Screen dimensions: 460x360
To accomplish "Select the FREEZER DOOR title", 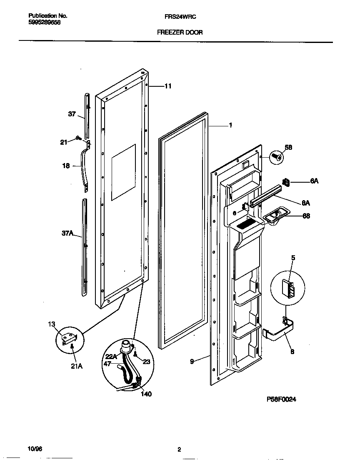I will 180,32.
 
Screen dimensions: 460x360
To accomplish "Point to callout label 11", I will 167,86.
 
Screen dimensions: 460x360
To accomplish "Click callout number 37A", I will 68,234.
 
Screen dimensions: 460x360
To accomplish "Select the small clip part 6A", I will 286,182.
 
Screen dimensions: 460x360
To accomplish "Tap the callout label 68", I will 306,216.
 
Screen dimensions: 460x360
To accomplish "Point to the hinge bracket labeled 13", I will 68,338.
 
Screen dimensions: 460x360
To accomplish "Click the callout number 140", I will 146,394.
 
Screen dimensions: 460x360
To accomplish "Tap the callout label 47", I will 107,364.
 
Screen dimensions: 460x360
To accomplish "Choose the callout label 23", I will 146,362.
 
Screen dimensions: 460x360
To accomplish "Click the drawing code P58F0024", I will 281,399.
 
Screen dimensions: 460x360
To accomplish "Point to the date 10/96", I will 35,449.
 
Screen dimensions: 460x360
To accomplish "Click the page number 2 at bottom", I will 179,450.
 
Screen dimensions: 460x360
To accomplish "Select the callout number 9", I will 192,362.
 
